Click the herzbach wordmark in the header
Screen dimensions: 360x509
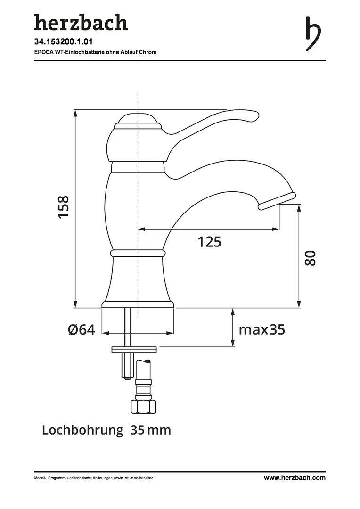pyautogui.click(x=81, y=23)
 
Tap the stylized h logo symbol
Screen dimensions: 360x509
pyautogui.click(x=313, y=34)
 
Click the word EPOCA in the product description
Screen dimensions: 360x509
pyautogui.click(x=42, y=52)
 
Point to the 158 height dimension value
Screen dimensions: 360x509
pyautogui.click(x=64, y=207)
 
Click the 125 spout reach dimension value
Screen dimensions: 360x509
pyautogui.click(x=209, y=242)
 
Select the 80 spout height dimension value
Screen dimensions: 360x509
pyautogui.click(x=311, y=258)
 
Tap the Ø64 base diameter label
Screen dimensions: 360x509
pyautogui.click(x=82, y=330)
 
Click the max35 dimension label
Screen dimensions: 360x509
pyautogui.click(x=262, y=330)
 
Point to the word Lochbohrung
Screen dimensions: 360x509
pyautogui.click(x=83, y=430)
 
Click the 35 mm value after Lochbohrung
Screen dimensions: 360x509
pyautogui.click(x=151, y=430)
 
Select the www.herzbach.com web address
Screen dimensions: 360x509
pyautogui.click(x=295, y=478)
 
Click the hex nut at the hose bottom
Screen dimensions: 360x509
pyautogui.click(x=143, y=406)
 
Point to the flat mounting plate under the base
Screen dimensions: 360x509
pyautogui.click(x=134, y=350)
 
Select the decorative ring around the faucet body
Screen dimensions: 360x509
pyautogui.click(x=138, y=253)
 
